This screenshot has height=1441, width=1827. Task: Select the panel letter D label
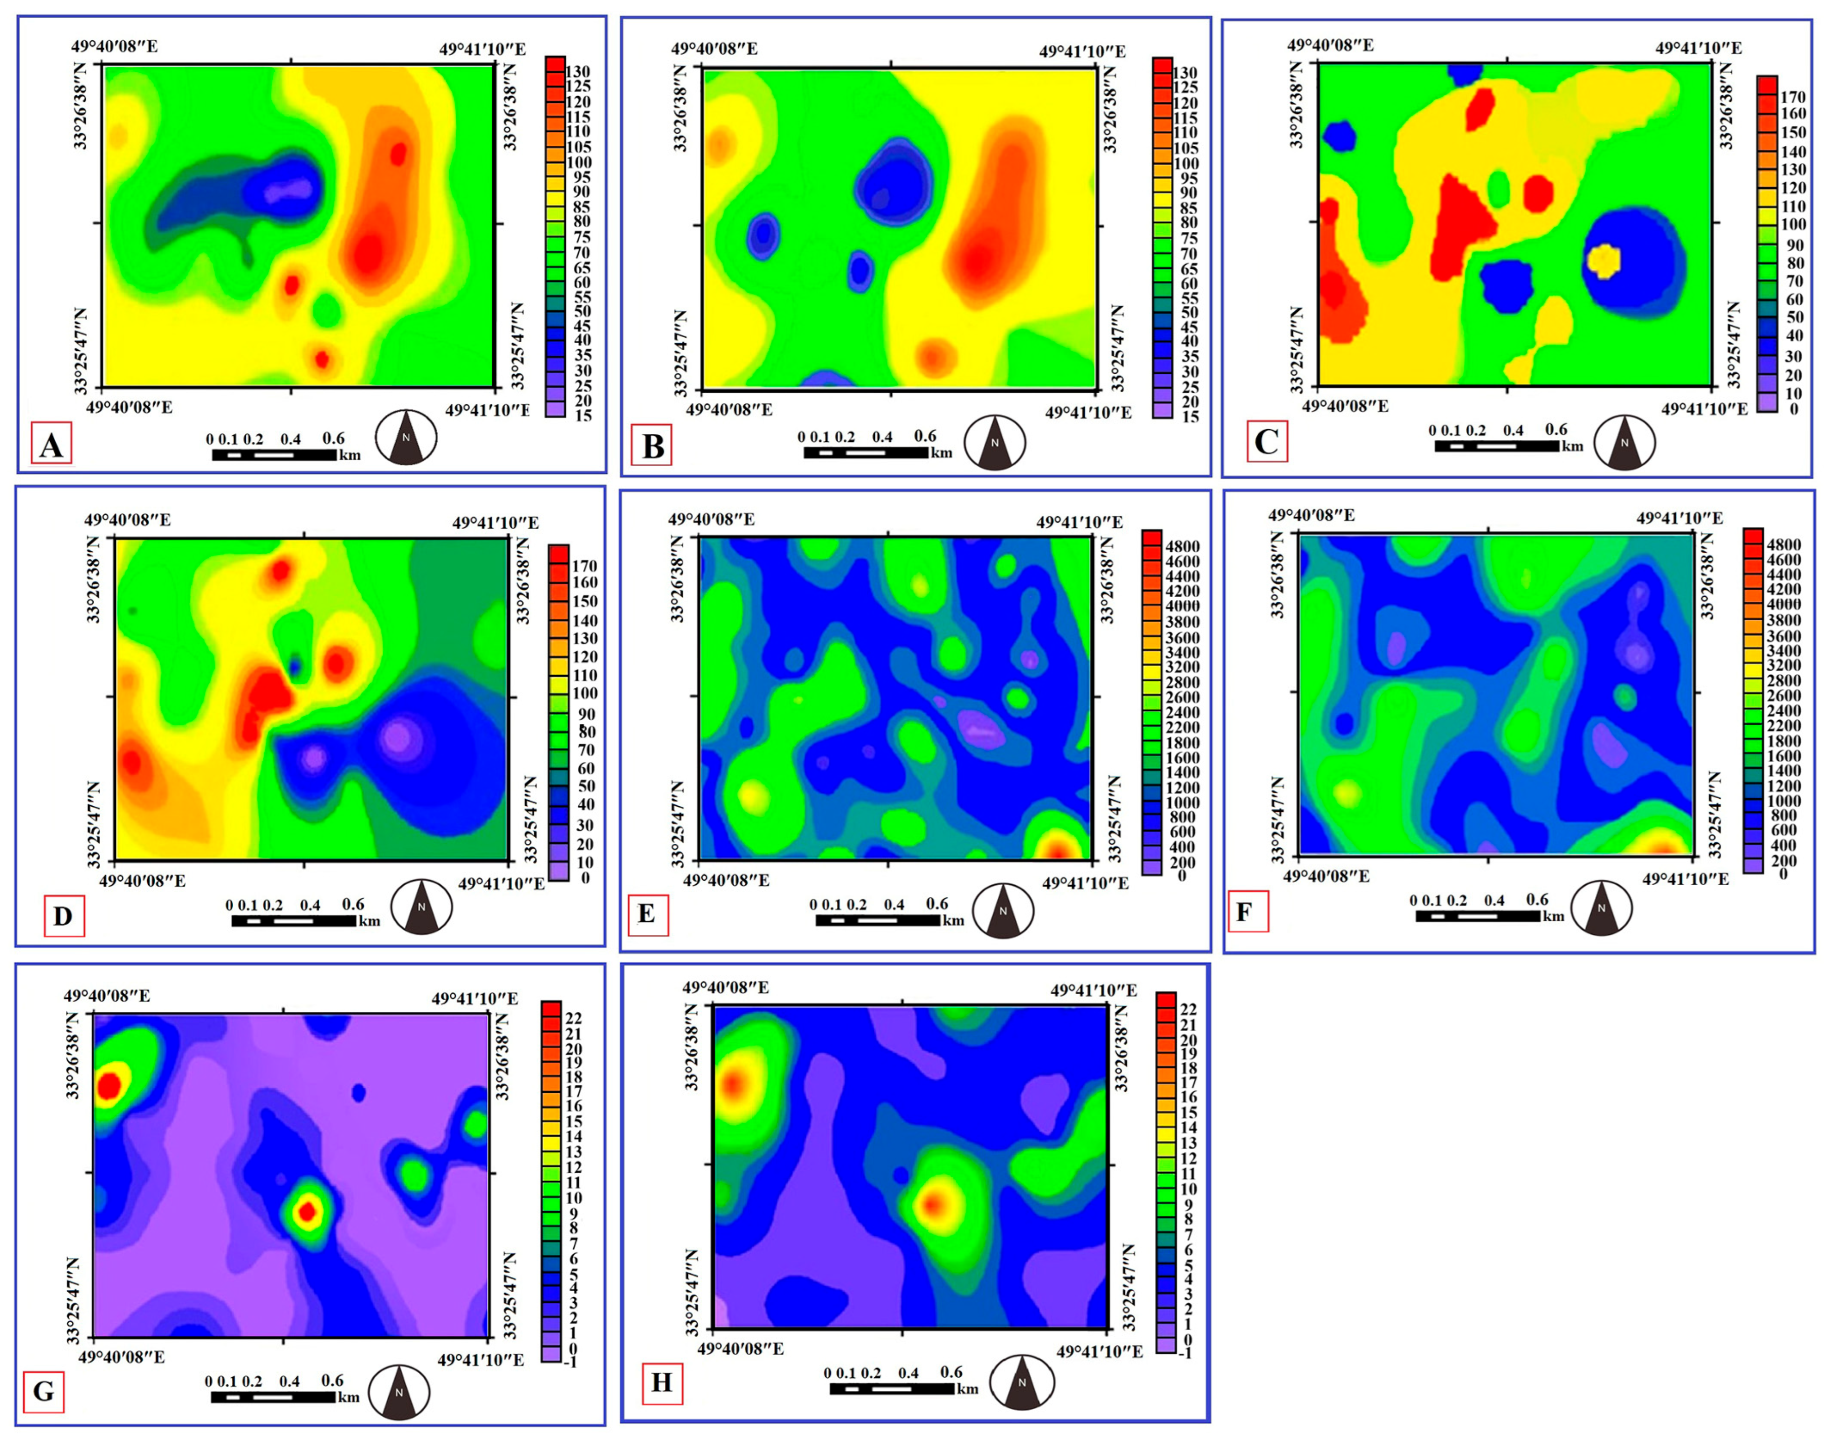pos(63,916)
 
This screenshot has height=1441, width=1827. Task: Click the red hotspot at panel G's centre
pos(308,1212)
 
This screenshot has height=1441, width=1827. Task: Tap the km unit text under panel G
pos(349,1397)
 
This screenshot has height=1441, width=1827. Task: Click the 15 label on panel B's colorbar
pos(1189,417)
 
